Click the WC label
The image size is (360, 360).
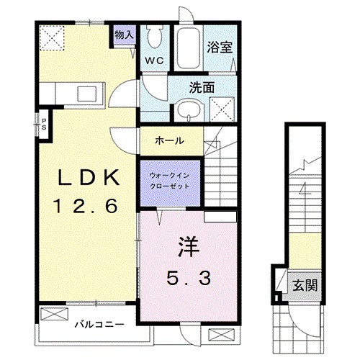[154, 60]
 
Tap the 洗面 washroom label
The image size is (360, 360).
[202, 87]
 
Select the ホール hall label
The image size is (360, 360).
[170, 140]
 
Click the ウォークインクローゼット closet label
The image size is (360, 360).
[170, 180]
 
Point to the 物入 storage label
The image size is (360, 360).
[125, 34]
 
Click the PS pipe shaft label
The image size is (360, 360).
[44, 123]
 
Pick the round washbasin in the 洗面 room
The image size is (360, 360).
[189, 109]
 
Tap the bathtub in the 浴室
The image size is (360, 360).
[189, 48]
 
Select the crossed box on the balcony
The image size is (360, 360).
[53, 315]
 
